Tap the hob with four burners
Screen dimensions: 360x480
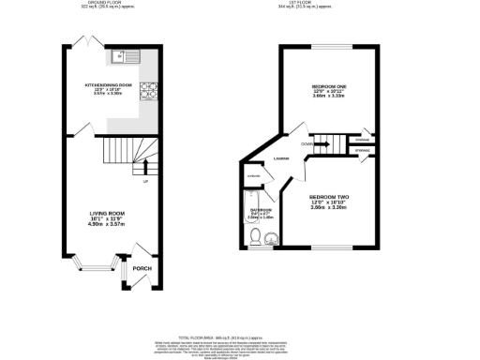[147, 91]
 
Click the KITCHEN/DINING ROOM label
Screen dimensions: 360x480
[106, 84]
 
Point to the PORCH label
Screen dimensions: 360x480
[142, 268]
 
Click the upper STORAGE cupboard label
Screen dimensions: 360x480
[362, 141]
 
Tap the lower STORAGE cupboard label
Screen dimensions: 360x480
[362, 151]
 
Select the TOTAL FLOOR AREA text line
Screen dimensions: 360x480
[239, 335]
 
